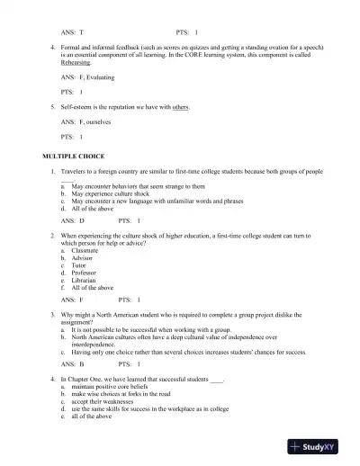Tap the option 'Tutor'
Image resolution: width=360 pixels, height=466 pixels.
pyautogui.click(x=81, y=266)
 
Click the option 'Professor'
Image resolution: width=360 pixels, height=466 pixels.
pyautogui.click(x=86, y=273)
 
